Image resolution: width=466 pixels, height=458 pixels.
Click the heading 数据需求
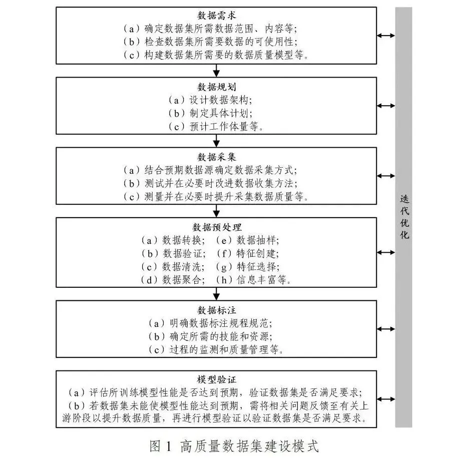(x=216, y=16)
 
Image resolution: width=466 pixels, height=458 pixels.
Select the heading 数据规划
(x=216, y=87)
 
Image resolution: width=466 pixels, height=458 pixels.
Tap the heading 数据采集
(x=216, y=157)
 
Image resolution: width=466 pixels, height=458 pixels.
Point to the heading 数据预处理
(x=217, y=227)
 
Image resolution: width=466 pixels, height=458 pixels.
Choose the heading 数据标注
(x=216, y=310)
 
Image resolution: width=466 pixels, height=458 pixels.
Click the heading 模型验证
(x=216, y=379)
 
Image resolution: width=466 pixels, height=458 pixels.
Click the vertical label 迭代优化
(x=404, y=217)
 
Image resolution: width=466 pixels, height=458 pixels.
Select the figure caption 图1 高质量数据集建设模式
(x=234, y=446)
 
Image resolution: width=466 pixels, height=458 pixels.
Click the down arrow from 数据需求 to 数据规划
(x=216, y=71)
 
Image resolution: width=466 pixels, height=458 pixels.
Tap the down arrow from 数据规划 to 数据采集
(x=216, y=141)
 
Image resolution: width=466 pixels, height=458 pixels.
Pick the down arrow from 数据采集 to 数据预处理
(x=216, y=211)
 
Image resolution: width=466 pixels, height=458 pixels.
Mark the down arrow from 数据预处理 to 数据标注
(x=216, y=294)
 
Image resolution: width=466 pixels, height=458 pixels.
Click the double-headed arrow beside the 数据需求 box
(x=386, y=36)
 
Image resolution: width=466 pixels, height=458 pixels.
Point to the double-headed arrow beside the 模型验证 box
(x=386, y=399)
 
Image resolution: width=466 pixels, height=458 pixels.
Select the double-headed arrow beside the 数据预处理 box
(x=386, y=253)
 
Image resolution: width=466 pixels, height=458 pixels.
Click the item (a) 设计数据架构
(x=210, y=100)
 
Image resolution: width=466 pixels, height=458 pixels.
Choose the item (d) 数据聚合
(x=173, y=280)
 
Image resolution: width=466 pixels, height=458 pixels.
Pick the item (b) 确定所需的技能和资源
(x=210, y=336)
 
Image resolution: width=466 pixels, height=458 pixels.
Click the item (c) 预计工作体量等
(x=216, y=127)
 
